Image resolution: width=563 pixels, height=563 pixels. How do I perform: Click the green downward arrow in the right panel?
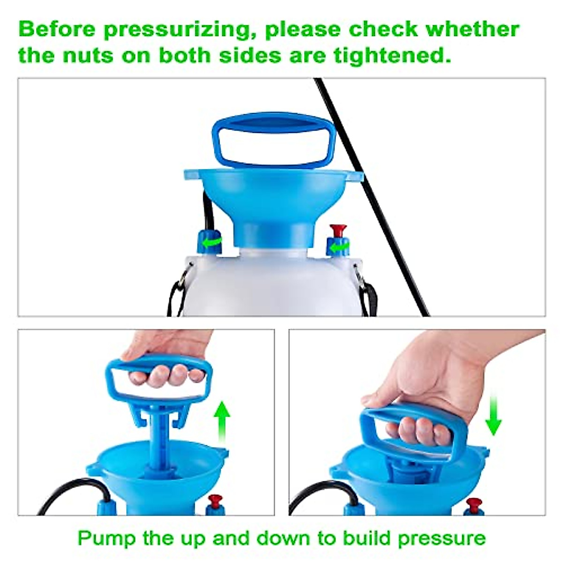[x=493, y=415]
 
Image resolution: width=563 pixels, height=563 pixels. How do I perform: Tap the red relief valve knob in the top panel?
[x=337, y=231]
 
